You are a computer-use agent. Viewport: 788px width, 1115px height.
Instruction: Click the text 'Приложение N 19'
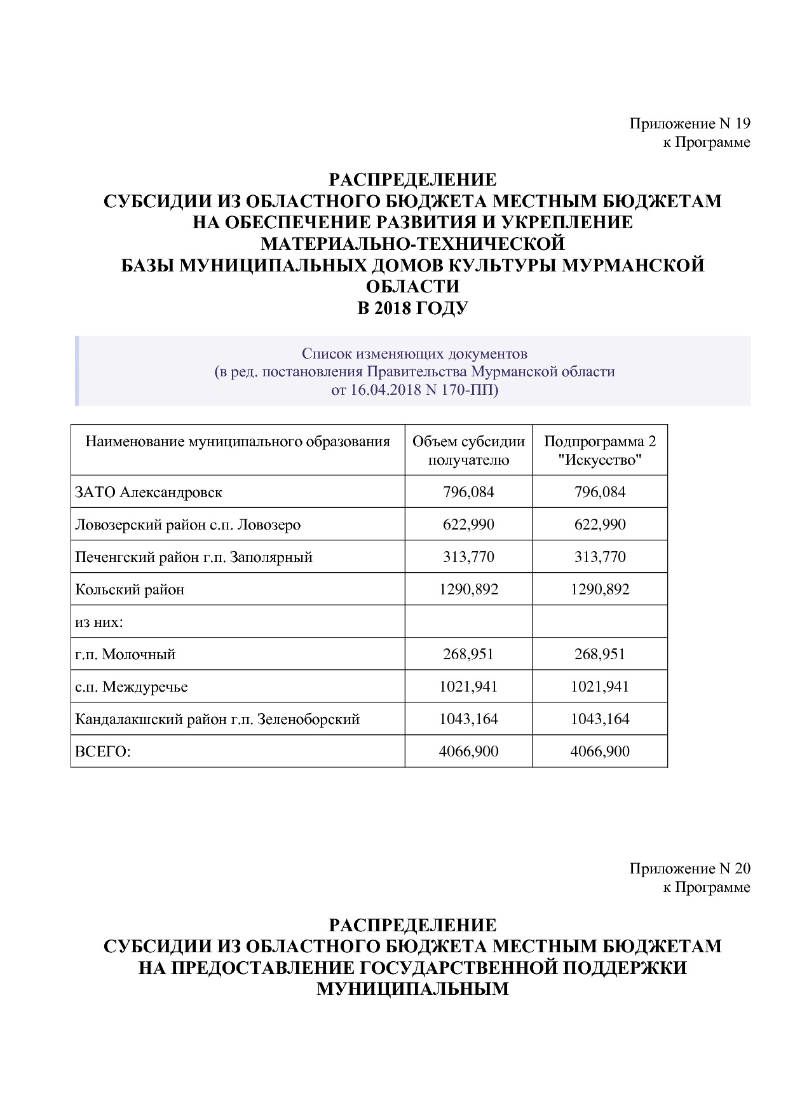[689, 123]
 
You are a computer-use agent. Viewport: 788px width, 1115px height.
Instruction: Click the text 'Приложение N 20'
[689, 868]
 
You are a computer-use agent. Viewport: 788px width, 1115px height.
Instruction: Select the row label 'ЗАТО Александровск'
[149, 492]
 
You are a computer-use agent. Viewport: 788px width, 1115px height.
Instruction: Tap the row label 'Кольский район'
[130, 589]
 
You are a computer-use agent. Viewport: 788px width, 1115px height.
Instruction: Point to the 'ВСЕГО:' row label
[103, 751]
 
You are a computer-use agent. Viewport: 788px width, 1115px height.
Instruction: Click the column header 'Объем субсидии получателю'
[468, 450]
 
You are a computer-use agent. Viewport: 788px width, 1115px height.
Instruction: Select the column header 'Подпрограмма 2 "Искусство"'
[600, 450]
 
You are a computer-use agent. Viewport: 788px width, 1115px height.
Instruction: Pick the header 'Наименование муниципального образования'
[238, 442]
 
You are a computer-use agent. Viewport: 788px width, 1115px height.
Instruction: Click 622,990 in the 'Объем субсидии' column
[468, 524]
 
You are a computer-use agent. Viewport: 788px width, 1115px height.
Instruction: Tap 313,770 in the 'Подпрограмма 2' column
[600, 557]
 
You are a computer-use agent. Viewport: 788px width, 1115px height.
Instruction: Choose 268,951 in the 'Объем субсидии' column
[468, 654]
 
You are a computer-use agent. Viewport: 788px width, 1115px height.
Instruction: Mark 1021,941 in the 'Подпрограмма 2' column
[600, 687]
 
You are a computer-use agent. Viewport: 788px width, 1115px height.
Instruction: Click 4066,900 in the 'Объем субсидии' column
[468, 751]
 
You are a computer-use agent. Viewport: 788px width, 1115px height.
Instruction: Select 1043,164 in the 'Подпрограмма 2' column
[600, 719]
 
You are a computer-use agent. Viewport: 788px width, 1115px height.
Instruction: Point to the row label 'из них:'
[98, 622]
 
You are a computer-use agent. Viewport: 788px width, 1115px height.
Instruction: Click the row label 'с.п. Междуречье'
[132, 687]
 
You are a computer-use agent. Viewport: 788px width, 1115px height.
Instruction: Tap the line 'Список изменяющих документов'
[414, 353]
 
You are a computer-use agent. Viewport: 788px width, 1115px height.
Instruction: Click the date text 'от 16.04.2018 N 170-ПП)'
[414, 389]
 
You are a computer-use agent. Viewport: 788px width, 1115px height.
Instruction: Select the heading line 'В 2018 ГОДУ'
[413, 308]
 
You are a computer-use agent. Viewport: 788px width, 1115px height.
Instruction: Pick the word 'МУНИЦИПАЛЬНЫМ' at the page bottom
[413, 989]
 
